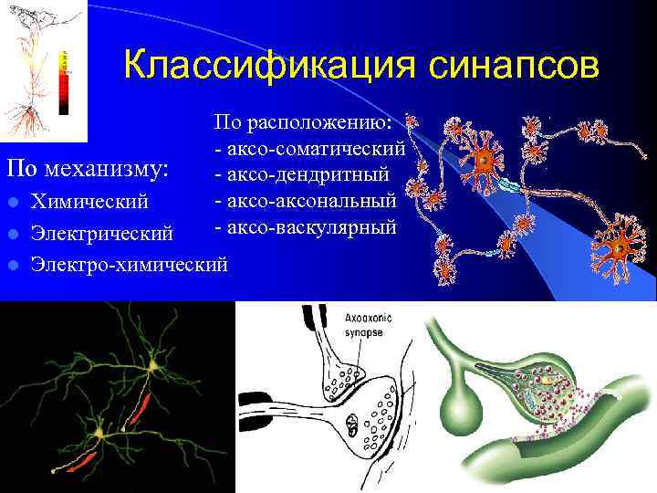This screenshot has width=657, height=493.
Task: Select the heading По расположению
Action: coord(303,121)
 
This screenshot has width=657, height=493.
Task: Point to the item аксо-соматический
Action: coord(309,147)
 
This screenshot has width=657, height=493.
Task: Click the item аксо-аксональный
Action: coord(306,198)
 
